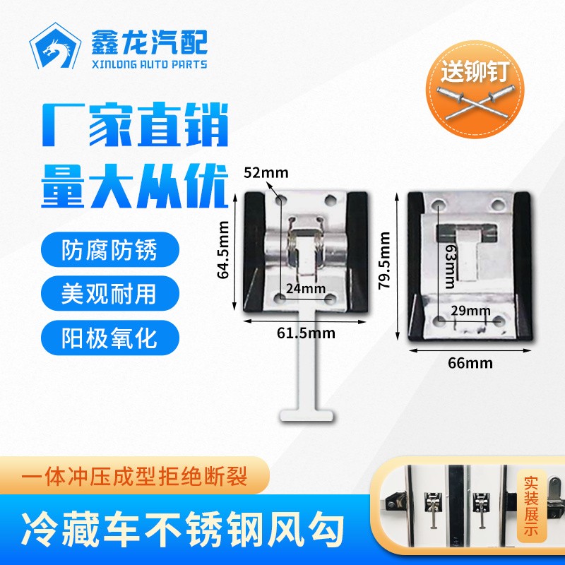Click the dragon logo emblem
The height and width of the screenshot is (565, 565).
coord(55,46)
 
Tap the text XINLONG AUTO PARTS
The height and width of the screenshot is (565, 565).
coord(150,64)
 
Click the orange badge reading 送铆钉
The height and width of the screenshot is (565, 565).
coord(475,89)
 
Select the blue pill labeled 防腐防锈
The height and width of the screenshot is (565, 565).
coord(110,250)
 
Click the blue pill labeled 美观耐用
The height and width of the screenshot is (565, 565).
coord(110,294)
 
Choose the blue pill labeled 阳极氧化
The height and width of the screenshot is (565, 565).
coord(110,338)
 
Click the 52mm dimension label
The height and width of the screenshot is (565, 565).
coord(266,173)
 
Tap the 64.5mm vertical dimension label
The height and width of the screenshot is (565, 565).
coord(223,250)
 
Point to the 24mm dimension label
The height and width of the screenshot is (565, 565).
coord(306,289)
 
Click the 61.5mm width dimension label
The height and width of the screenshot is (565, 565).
coord(306,333)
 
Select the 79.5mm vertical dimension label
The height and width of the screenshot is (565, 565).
coord(384,260)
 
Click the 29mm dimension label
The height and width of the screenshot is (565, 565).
coord(470,311)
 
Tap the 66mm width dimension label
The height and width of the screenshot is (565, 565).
coord(470,363)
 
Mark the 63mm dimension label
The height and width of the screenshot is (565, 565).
coord(450,266)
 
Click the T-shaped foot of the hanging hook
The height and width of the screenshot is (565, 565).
coord(307,415)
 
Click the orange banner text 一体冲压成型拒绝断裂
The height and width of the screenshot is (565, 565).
coord(134,476)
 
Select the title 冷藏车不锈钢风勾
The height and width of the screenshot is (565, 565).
coord(182,529)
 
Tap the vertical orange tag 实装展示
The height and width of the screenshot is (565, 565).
coord(531,506)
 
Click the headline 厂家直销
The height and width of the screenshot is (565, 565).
coord(135,125)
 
